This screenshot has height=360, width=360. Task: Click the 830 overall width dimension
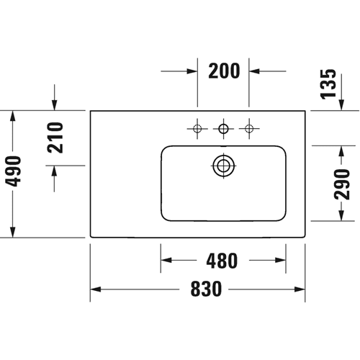tap(206, 289)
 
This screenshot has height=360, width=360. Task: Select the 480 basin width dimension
tap(222, 261)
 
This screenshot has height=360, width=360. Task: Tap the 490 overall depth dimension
tap(13, 171)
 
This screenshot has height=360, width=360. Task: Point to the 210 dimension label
tap(55, 138)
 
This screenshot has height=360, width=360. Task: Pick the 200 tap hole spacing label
tap(224, 71)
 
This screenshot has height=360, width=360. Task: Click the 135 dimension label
tap(328, 84)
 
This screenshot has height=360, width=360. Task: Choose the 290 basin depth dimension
tap(342, 184)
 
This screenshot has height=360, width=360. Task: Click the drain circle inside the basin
tap(224, 166)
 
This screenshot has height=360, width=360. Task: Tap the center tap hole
tap(224, 129)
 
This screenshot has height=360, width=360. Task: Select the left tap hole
tap(197, 129)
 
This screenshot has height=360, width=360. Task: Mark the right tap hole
tap(249, 129)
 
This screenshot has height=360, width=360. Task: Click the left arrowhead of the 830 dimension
tap(96, 289)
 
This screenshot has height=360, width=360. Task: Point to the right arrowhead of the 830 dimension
tap(300, 289)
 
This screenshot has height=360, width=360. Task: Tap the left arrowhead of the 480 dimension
tap(166, 260)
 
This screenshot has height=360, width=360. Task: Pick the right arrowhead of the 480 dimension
tap(280, 260)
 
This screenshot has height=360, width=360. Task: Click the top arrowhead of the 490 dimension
tap(13, 116)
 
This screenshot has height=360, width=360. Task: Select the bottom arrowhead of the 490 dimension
tap(13, 233)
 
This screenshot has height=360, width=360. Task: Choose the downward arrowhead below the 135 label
tap(341, 105)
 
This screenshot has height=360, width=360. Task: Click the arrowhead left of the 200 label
tap(192, 71)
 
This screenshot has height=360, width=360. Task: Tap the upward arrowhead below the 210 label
tap(55, 171)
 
